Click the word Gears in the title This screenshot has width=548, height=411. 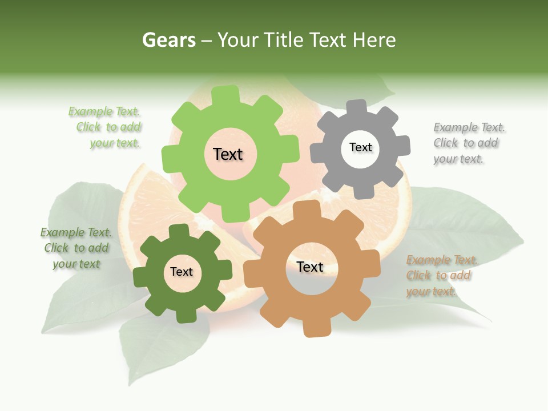[x=168, y=40]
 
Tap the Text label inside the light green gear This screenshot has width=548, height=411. [x=228, y=154]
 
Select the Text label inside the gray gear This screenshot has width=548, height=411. [x=360, y=147]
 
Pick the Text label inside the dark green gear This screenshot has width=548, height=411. [x=182, y=272]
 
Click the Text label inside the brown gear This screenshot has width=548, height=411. [x=310, y=267]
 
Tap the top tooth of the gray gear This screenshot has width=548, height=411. [x=357, y=107]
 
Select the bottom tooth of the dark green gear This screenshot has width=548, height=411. [x=184, y=315]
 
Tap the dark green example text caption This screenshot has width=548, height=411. [x=76, y=248]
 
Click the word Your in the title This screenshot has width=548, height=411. [x=236, y=40]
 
